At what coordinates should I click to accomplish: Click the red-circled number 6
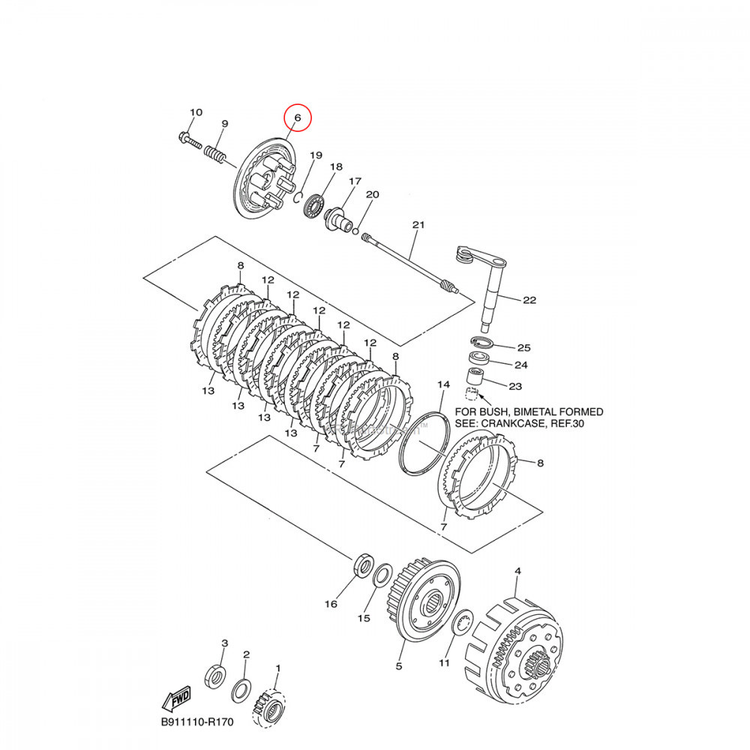(297, 118)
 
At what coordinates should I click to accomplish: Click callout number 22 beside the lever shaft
(529, 300)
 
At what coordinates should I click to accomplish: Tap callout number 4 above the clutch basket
(517, 571)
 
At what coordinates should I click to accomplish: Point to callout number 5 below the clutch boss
(398, 665)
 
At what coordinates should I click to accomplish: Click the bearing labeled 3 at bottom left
(215, 674)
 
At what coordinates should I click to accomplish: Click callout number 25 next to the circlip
(523, 348)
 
